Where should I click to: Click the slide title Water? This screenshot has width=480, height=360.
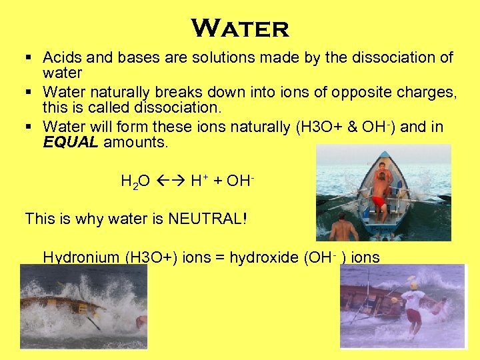[240, 28]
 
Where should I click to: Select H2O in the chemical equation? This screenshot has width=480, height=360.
[135, 181]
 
